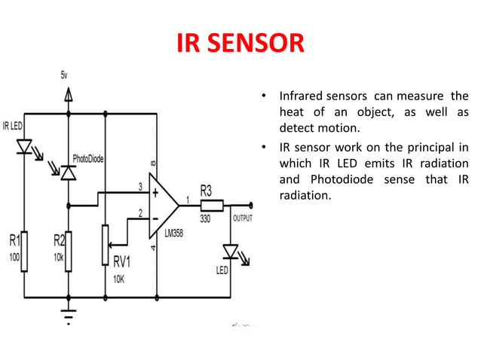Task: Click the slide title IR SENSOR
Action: coord(240,44)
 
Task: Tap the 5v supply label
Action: coord(67,77)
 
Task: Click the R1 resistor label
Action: coord(14,242)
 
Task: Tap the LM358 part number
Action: coord(174,234)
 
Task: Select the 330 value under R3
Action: coord(206,218)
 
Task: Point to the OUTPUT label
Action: coord(241,218)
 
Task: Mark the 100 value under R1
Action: coord(14,256)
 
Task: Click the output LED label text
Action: coord(222,269)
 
